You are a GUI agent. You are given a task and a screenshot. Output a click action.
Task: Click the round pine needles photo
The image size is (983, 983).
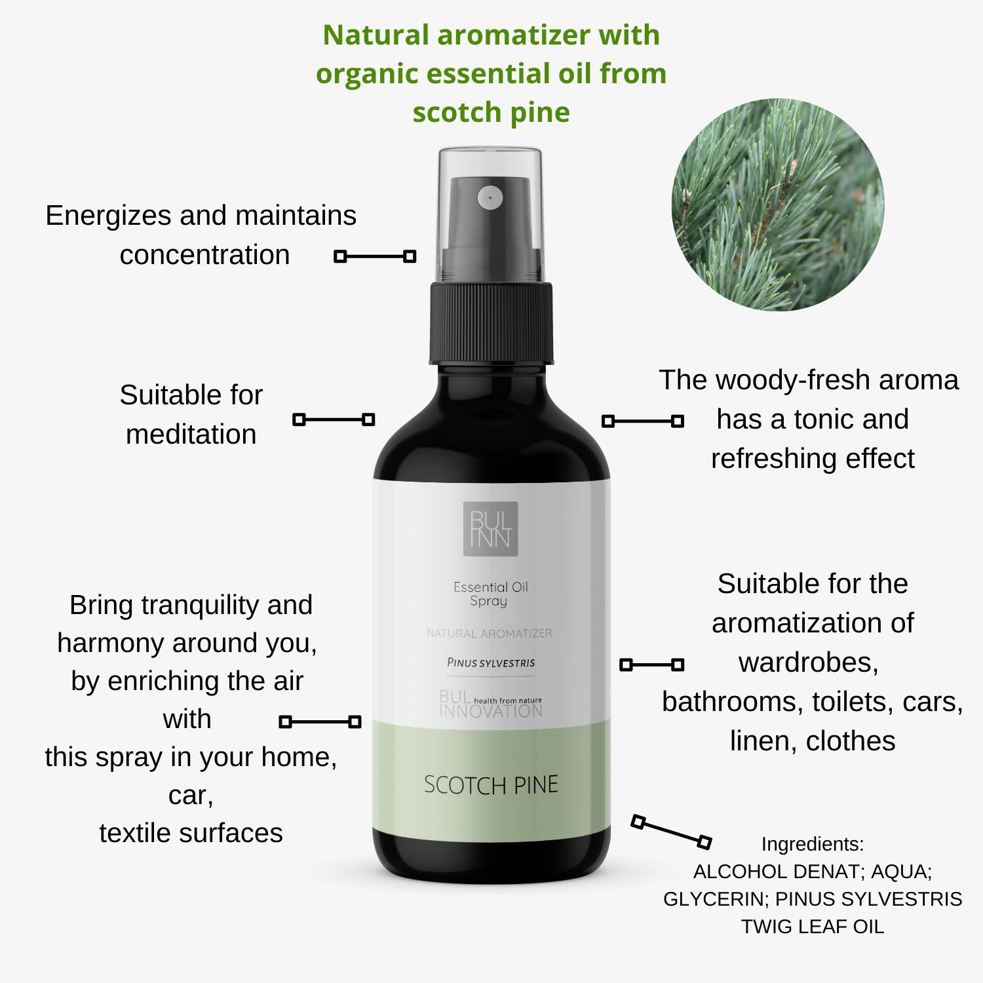[x=778, y=204]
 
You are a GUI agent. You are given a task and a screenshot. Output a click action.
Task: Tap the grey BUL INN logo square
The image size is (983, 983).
[x=491, y=529]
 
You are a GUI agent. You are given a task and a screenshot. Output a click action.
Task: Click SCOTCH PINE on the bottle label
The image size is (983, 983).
[x=491, y=784]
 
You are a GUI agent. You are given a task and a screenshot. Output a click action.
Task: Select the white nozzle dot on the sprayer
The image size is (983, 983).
[x=490, y=197]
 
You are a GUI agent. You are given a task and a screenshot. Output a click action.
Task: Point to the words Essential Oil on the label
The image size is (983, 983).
[x=491, y=587]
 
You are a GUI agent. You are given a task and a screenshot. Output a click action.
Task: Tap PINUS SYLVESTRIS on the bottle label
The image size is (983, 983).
[x=491, y=663]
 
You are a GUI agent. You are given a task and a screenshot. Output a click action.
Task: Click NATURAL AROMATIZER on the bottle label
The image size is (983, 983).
[x=490, y=633]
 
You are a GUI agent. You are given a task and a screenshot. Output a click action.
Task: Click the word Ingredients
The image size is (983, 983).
[x=813, y=844]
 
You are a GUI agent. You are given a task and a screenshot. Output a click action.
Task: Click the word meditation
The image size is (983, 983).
[x=191, y=434]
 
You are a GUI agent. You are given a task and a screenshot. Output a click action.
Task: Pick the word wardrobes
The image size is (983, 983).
[x=809, y=663]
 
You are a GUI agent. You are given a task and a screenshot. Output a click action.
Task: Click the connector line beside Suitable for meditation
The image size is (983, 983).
[x=334, y=419]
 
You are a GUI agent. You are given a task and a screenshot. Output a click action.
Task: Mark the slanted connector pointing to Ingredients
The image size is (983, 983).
[x=671, y=832]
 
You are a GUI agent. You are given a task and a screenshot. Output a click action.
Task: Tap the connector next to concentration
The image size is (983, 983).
[x=375, y=256]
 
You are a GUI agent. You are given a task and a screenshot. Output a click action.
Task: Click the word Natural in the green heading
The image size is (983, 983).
[x=375, y=35]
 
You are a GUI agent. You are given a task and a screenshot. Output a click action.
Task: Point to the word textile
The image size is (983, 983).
[x=137, y=833]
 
